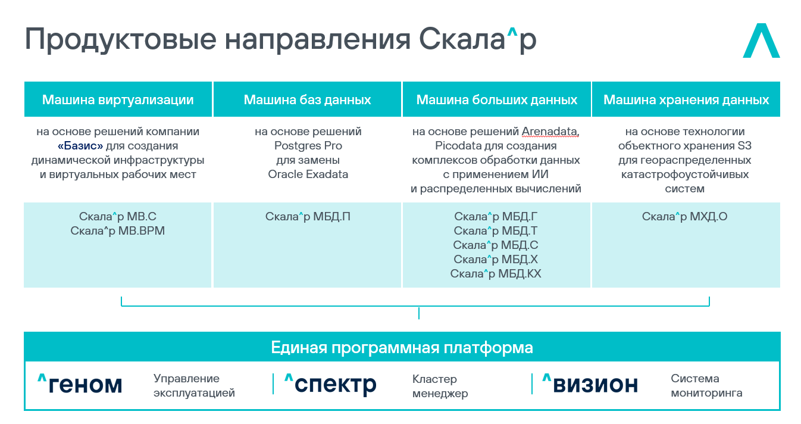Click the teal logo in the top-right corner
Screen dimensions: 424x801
pyautogui.click(x=761, y=41)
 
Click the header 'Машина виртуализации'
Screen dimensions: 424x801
pyautogui.click(x=118, y=99)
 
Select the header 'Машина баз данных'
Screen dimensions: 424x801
pyautogui.click(x=307, y=99)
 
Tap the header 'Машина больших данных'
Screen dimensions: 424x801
pyautogui.click(x=496, y=99)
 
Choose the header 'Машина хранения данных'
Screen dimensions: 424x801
pyautogui.click(x=686, y=99)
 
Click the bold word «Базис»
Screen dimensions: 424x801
pyautogui.click(x=81, y=146)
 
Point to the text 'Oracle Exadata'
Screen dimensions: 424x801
pyautogui.click(x=308, y=174)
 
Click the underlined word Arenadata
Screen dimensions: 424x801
pyautogui.click(x=550, y=132)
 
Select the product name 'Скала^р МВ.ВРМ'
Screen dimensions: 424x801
pyautogui.click(x=117, y=231)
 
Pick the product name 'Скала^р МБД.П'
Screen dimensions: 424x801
pyautogui.click(x=308, y=217)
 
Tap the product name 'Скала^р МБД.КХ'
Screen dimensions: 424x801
pyautogui.click(x=496, y=274)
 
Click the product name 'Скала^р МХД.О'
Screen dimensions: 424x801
pyautogui.click(x=684, y=217)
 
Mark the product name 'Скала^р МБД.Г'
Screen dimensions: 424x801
pyautogui.click(x=496, y=217)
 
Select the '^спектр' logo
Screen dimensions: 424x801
pyautogui.click(x=330, y=384)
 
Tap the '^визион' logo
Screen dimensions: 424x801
pyautogui.click(x=590, y=384)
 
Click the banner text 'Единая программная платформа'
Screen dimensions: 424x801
pyautogui.click(x=402, y=347)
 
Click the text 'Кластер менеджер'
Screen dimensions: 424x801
pyautogui.click(x=440, y=386)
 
